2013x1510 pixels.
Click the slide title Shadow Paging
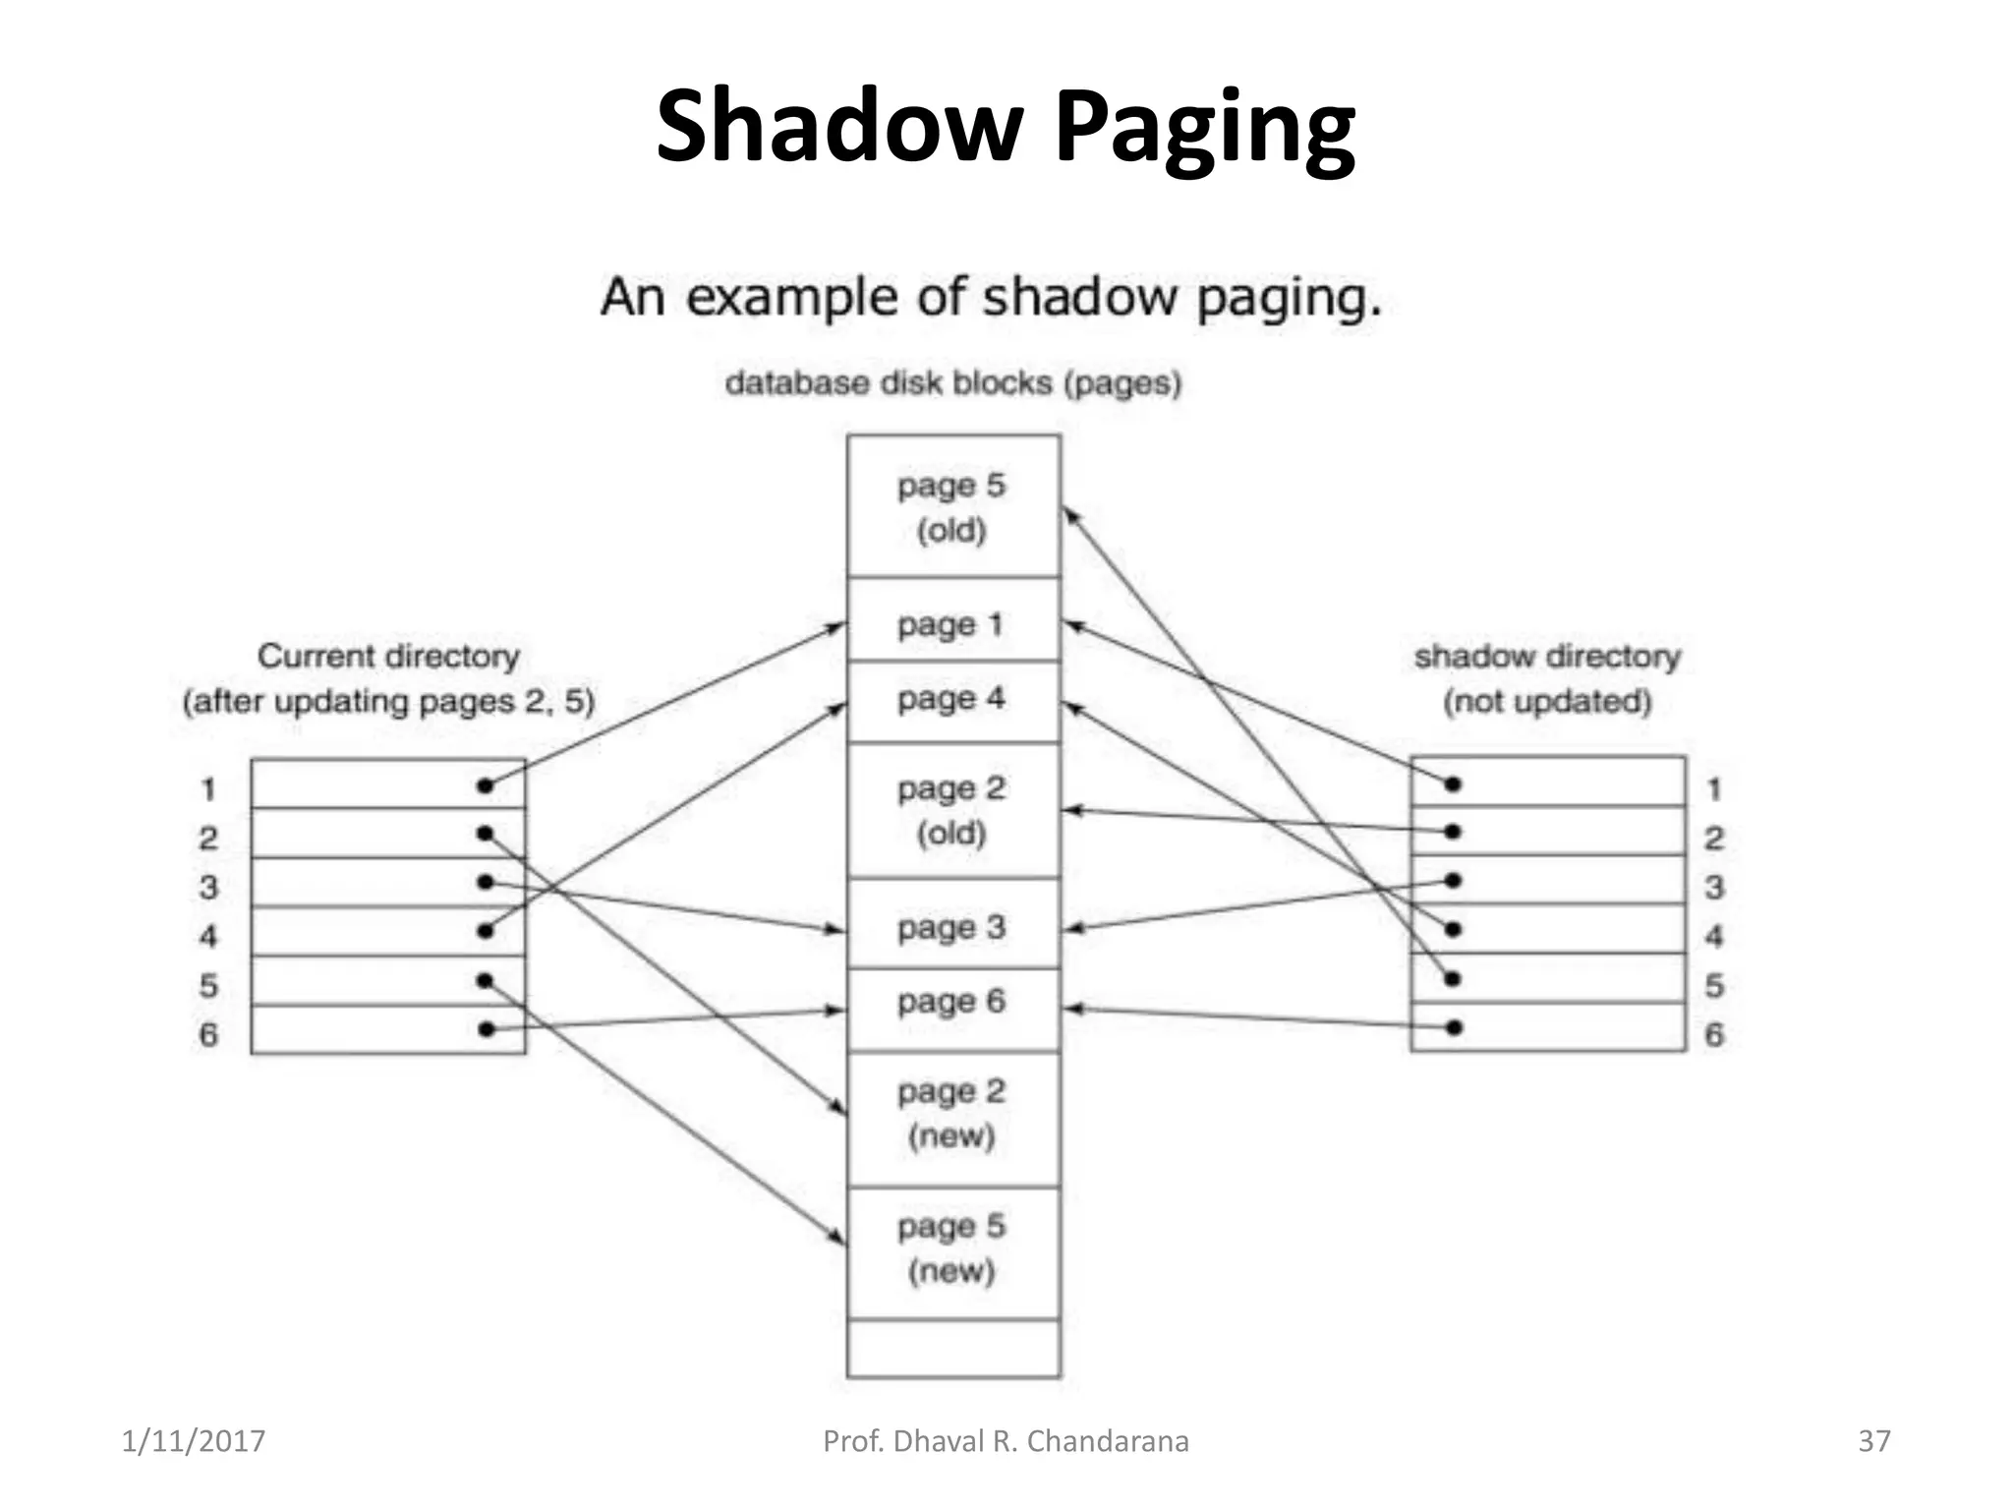[x=1005, y=126]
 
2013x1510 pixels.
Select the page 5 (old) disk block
[x=952, y=507]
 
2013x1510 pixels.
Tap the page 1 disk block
[x=952, y=622]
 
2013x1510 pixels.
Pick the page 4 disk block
[x=952, y=700]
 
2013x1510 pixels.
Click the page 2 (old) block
[x=952, y=810]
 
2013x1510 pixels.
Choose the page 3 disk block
[x=952, y=926]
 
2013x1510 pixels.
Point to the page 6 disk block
[x=952, y=1003]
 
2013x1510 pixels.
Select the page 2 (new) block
[x=952, y=1114]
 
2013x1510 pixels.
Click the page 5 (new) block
[x=952, y=1249]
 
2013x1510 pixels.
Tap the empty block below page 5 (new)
[x=952, y=1348]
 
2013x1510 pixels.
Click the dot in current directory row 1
[x=485, y=785]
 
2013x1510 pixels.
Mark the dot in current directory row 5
[x=485, y=980]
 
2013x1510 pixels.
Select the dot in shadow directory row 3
[x=1453, y=880]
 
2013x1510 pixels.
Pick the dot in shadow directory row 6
[x=1454, y=1027]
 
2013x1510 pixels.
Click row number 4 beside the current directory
[x=208, y=936]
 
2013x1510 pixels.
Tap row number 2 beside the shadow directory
[x=1714, y=839]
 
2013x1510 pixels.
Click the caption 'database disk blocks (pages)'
[x=952, y=382]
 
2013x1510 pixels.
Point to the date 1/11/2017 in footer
[x=193, y=1441]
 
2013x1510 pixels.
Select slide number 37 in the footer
[x=1873, y=1441]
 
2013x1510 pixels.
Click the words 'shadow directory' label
[x=1547, y=657]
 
